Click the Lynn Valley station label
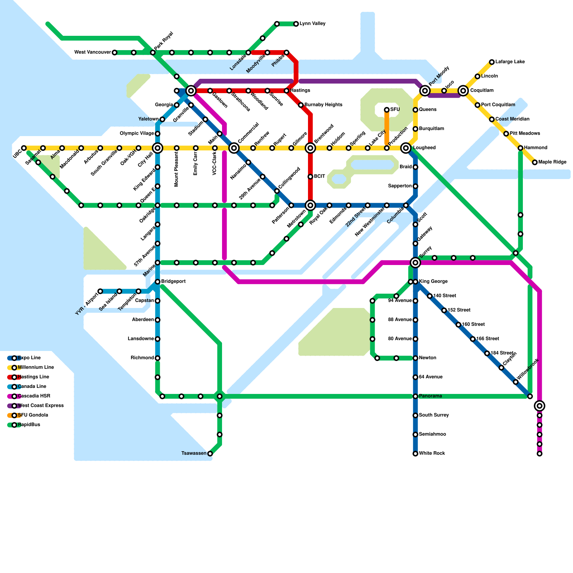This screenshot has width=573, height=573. [312, 24]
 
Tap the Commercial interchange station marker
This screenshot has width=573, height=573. [234, 148]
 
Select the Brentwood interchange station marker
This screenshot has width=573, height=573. [310, 148]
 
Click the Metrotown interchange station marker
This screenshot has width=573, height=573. [310, 205]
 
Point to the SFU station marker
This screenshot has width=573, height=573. [387, 110]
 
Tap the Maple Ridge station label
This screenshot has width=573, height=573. [552, 162]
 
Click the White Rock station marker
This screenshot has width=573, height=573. [415, 454]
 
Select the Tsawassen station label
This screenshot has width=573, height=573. [194, 454]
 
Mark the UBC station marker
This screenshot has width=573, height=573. [24, 148]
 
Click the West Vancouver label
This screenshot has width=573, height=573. [92, 53]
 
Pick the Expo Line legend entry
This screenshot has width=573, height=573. [29, 358]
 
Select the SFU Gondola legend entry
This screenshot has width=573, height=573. [33, 415]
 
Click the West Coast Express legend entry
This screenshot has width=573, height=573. [40, 406]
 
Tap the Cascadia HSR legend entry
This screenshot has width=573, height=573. [34, 396]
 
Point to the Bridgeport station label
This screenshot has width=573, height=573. [173, 281]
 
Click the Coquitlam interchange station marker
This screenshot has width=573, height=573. [463, 91]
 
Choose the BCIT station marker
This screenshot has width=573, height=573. [310, 177]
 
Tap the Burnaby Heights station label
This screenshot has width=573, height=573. [323, 105]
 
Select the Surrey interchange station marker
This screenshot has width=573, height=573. [415, 263]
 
